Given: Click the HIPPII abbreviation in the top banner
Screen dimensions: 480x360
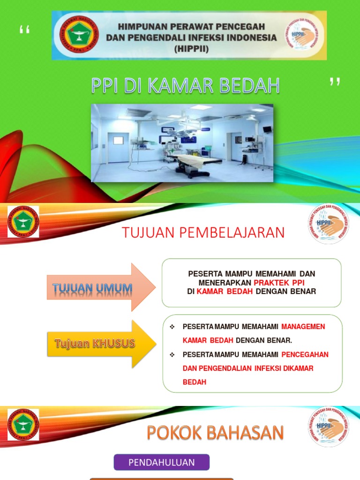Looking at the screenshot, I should point(191,49).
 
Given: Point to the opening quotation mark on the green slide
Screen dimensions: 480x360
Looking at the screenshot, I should point(24,32).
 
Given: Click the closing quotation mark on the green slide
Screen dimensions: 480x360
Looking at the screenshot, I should point(334,83).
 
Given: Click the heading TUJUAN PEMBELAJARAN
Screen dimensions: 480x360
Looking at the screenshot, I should point(203,232).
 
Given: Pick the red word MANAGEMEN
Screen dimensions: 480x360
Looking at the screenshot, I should point(303,326).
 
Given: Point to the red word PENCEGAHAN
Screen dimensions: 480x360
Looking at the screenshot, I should point(305,354).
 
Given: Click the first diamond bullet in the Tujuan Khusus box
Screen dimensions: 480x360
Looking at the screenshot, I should point(172,326).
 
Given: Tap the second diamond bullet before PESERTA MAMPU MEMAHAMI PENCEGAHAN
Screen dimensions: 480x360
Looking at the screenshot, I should point(172,354).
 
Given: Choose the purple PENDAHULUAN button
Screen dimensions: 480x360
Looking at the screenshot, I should point(162,462).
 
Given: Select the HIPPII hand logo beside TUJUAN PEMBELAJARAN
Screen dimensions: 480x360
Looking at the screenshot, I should point(328,224).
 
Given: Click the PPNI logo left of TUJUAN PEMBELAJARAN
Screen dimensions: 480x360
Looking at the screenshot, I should point(23,222).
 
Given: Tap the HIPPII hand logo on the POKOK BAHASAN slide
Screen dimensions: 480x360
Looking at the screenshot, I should point(328,426).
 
